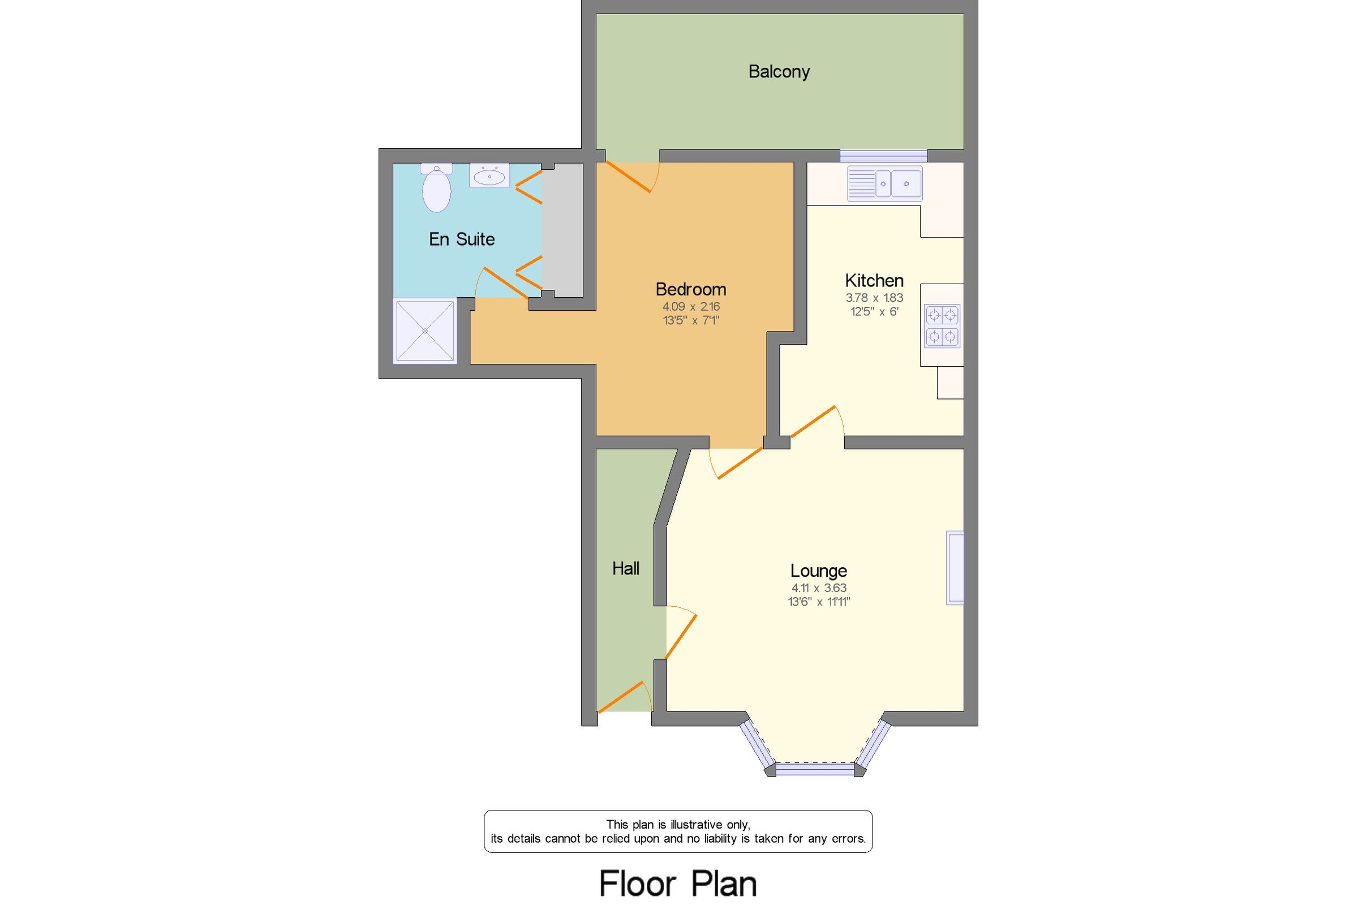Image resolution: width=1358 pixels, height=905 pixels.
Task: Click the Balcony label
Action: click(x=778, y=71)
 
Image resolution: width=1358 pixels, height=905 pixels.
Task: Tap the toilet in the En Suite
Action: click(x=436, y=188)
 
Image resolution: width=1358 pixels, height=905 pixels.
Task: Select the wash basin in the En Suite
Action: click(x=489, y=175)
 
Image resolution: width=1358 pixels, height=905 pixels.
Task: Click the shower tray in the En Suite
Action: click(x=424, y=331)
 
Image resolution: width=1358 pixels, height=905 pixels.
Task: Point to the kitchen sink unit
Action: click(x=884, y=183)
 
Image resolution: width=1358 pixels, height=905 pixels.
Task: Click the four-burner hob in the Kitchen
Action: click(x=942, y=325)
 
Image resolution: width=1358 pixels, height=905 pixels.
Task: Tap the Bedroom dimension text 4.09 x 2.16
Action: click(x=690, y=306)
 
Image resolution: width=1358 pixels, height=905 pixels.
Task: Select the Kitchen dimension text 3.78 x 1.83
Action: click(x=874, y=298)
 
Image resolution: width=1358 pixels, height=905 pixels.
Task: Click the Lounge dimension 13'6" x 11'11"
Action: click(x=818, y=602)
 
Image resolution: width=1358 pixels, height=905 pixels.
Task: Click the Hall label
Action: click(x=625, y=568)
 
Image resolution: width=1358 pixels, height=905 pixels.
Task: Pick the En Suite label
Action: click(x=462, y=239)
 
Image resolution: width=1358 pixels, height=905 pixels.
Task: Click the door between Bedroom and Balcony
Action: click(x=628, y=177)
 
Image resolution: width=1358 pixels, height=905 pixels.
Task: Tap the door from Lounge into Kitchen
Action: click(x=814, y=421)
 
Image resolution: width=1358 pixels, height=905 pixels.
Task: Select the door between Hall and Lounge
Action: click(x=681, y=636)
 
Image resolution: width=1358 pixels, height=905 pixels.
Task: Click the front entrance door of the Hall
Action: click(x=621, y=697)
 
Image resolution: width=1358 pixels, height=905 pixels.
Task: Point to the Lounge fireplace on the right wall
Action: click(x=955, y=568)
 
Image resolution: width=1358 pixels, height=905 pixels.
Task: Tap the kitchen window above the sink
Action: click(x=883, y=155)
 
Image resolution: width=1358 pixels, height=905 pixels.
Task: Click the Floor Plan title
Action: click(x=678, y=883)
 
